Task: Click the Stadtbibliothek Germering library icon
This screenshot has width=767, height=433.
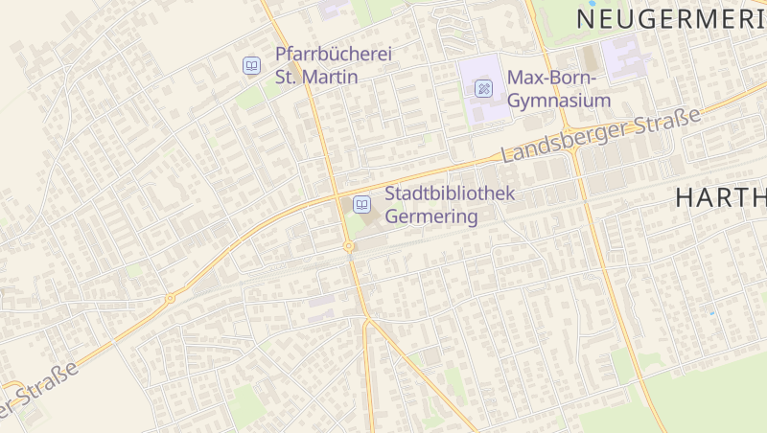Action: (362, 204)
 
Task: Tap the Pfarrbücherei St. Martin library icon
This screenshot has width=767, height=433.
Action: (251, 65)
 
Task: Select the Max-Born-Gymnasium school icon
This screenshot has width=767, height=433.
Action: (484, 89)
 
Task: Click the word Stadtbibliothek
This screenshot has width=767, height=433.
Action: (450, 194)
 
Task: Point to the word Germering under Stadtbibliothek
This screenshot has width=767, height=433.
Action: (430, 216)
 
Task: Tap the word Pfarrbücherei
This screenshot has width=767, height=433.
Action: (334, 56)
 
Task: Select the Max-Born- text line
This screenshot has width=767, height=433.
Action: (551, 78)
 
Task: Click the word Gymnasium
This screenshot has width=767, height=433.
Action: (559, 101)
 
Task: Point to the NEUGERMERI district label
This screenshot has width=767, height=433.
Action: (671, 17)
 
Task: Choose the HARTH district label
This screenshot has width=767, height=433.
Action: (720, 198)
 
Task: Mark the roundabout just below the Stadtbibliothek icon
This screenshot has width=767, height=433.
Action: (349, 247)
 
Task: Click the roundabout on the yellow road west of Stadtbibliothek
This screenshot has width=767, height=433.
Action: (171, 298)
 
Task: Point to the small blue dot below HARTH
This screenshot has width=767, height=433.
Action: (712, 313)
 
